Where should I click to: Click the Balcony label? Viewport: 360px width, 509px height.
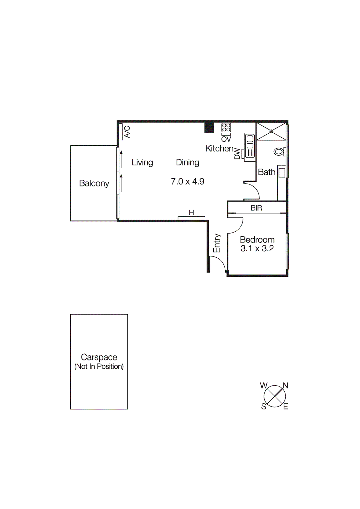[x=94, y=184]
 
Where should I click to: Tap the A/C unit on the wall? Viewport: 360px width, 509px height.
[x=121, y=132]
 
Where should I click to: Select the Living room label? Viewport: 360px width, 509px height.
[x=142, y=163]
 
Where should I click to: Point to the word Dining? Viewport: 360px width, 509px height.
[x=187, y=163]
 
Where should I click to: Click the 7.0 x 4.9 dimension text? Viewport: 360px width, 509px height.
[x=187, y=182]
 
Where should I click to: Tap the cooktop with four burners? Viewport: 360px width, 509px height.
[x=226, y=128]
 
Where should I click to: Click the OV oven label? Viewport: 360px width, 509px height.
[x=226, y=139]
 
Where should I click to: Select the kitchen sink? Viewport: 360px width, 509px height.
[x=250, y=146]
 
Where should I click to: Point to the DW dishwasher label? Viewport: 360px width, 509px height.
[x=237, y=153]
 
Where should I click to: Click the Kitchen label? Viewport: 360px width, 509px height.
[x=219, y=149]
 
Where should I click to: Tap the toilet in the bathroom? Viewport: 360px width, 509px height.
[x=279, y=151]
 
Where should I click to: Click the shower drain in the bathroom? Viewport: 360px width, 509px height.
[x=271, y=131]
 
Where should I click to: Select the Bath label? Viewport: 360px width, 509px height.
[x=266, y=172]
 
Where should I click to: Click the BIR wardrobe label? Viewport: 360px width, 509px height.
[x=256, y=208]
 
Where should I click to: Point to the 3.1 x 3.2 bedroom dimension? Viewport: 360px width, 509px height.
[x=257, y=248]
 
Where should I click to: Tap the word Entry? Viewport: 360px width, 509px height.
[x=217, y=243]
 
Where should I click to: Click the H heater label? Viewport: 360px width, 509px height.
[x=191, y=213]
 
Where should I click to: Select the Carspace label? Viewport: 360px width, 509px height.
[x=99, y=357]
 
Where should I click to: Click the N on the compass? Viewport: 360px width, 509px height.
[x=286, y=386]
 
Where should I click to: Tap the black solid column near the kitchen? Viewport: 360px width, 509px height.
[x=209, y=128]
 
